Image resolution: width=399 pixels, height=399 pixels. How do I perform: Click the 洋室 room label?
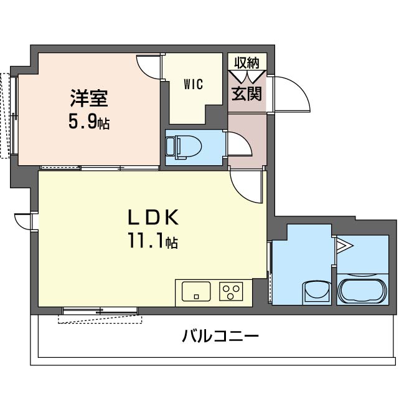(x=89, y=99)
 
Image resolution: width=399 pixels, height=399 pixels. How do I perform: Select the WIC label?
(x=194, y=84)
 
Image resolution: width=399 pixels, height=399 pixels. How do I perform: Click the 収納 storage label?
(x=247, y=63)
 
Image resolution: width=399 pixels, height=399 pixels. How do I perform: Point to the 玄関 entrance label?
(x=246, y=94)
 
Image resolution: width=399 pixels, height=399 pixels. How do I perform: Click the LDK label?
(x=153, y=218)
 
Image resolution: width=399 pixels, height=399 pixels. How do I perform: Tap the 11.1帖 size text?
(x=153, y=241)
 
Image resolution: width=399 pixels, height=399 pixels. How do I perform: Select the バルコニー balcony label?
(x=220, y=336)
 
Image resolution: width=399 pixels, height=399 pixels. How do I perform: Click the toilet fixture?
(x=184, y=147)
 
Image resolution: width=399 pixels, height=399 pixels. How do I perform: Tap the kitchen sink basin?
(x=196, y=291)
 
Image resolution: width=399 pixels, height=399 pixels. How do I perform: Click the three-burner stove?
(x=231, y=291)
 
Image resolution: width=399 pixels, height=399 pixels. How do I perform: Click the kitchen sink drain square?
(x=196, y=297)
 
